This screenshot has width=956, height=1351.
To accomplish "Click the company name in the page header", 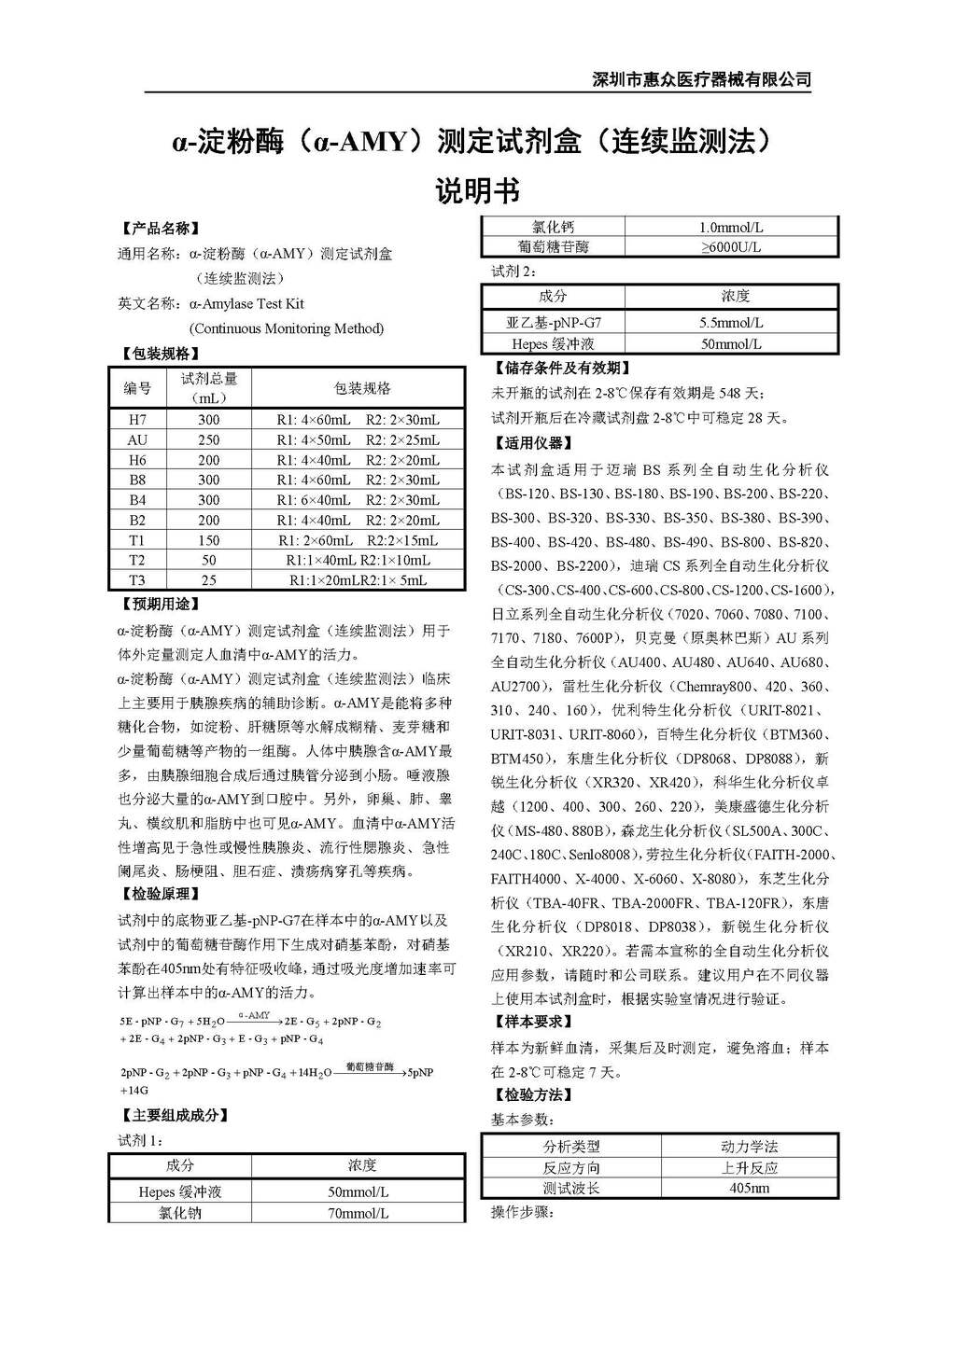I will [x=701, y=79].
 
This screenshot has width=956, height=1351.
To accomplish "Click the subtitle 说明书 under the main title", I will [x=477, y=191].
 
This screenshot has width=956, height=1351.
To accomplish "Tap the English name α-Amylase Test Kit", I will [x=246, y=303].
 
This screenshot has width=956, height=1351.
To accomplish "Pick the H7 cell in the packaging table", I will [x=137, y=420].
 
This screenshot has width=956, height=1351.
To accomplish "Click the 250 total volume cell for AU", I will [x=208, y=439].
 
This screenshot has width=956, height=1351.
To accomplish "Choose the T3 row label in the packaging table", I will [x=137, y=580].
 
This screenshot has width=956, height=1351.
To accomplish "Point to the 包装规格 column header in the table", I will [x=362, y=388].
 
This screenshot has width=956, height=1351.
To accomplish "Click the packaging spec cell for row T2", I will [x=358, y=560].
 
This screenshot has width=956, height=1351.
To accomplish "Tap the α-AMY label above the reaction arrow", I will [x=254, y=1015].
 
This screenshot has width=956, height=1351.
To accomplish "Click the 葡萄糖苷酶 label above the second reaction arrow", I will [x=370, y=1066].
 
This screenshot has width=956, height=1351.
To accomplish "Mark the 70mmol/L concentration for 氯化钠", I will [x=358, y=1214].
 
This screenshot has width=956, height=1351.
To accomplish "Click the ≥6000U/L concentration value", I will [x=731, y=247].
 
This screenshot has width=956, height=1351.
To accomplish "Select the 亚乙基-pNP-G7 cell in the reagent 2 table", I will [x=554, y=323].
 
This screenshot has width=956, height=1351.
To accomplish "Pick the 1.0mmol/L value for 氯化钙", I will [x=731, y=228].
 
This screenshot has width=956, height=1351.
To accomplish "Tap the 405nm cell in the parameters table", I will [x=749, y=1189].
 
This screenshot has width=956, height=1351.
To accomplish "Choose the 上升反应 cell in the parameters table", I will [x=749, y=1168].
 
